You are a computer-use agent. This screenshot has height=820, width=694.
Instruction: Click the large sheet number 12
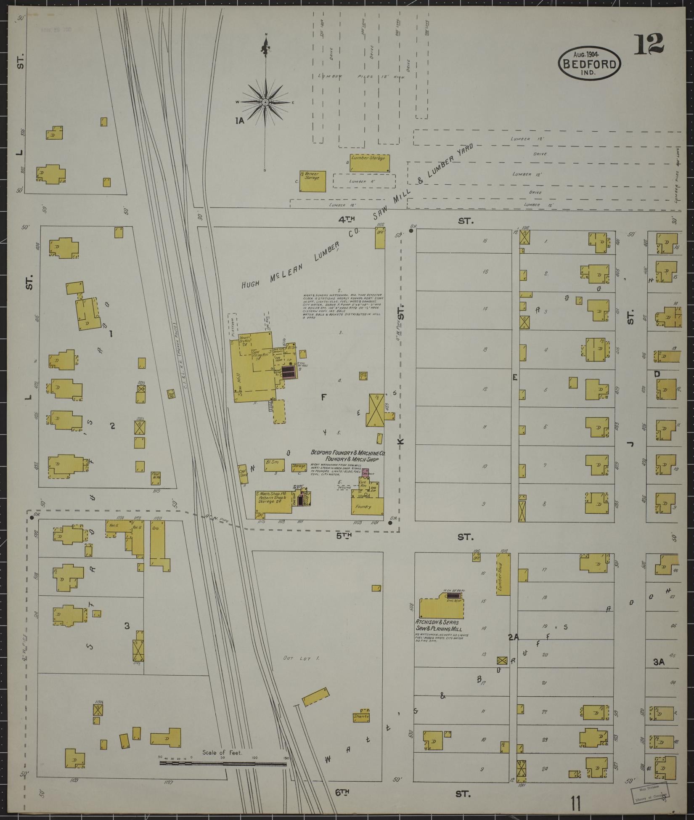(x=649, y=44)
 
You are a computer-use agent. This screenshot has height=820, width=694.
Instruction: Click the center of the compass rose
(x=265, y=102)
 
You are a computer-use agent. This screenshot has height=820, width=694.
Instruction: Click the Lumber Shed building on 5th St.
(x=503, y=573)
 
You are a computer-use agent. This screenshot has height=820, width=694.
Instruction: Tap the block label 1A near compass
(x=240, y=121)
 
